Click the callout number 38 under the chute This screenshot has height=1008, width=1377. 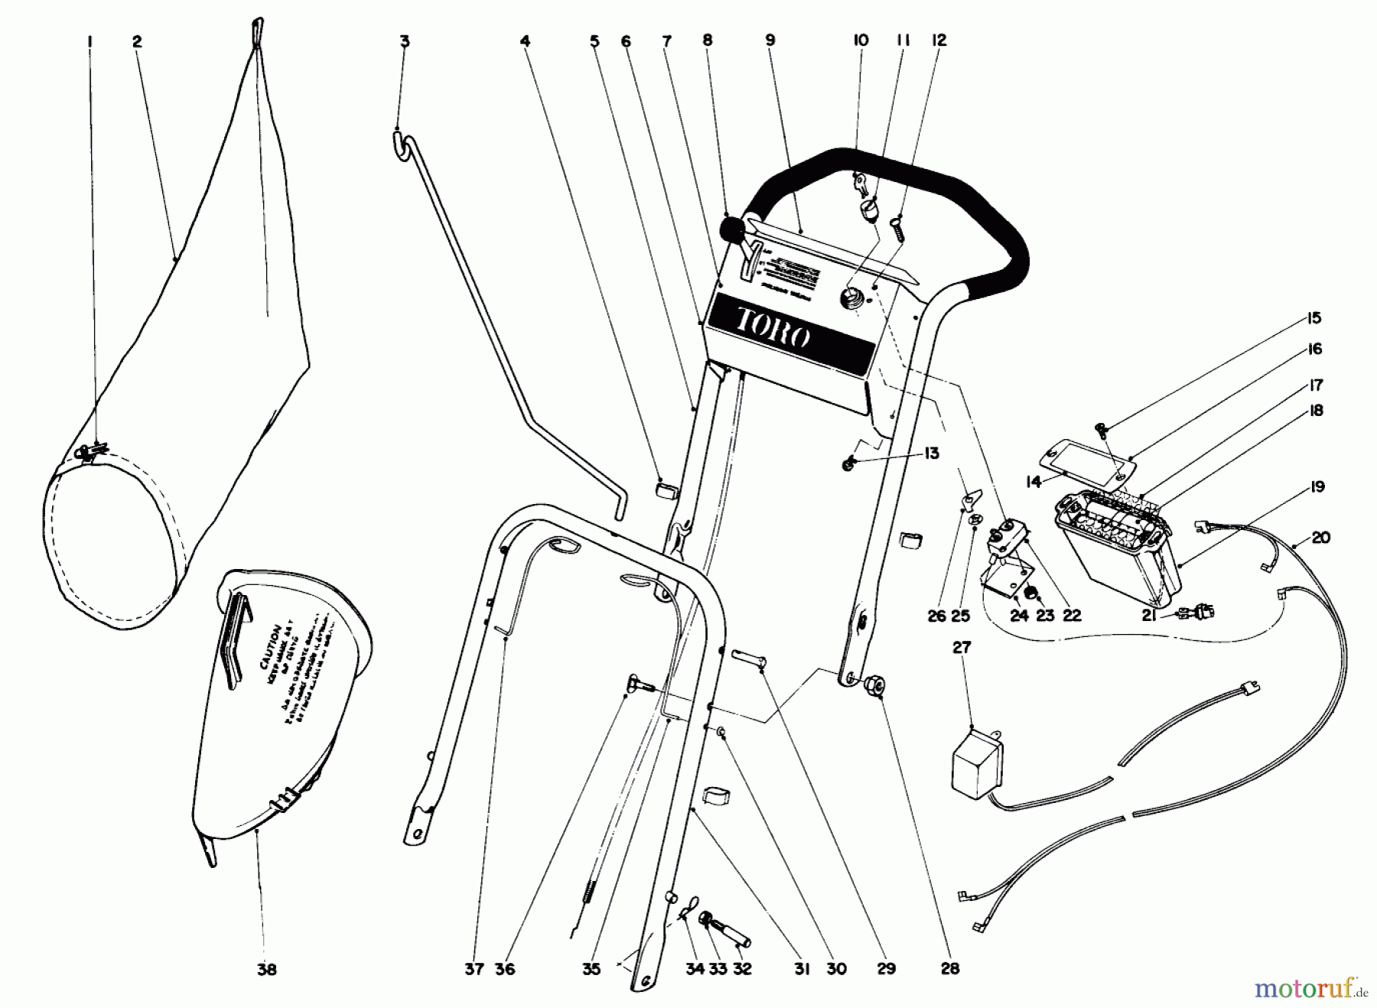pyautogui.click(x=266, y=969)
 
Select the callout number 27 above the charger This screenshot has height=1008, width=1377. pyautogui.click(x=962, y=647)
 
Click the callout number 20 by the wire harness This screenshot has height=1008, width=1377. pyautogui.click(x=1321, y=538)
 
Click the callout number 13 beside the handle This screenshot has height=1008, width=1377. pyautogui.click(x=931, y=454)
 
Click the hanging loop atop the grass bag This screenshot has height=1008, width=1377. pyautogui.click(x=258, y=29)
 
